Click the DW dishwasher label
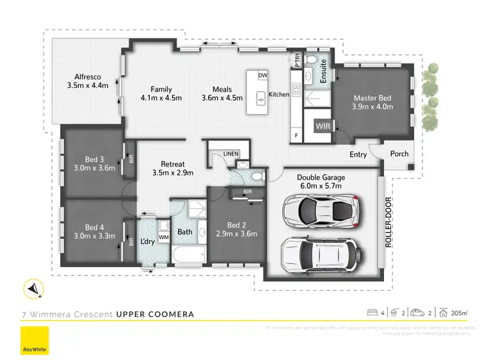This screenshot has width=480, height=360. [262, 76]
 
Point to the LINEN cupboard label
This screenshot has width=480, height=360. [230, 154]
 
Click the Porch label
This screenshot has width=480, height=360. [399, 154]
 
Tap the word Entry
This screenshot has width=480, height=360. [358, 154]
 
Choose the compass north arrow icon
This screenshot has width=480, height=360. [33, 290]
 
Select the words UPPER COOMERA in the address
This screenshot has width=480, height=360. [154, 315]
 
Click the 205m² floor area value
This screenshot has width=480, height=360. [460, 313]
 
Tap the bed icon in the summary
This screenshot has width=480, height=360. [371, 313]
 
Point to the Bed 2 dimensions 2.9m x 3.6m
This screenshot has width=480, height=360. [236, 234]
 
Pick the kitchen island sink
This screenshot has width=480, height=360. [261, 98]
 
